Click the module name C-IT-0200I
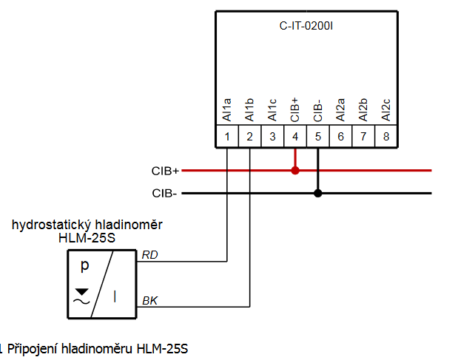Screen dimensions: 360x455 coord(306,25)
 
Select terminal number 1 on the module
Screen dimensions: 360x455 coord(227,136)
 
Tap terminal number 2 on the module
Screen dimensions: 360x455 coord(250,136)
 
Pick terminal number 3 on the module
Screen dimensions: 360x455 coord(273,136)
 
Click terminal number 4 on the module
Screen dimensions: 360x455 coord(295,136)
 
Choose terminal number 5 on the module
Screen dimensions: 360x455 coord(318,136)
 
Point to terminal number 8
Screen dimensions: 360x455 coord(386,136)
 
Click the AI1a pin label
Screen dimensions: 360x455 coord(227,109)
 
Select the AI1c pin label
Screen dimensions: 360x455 coord(273,109)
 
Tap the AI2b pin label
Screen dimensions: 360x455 coord(363,109)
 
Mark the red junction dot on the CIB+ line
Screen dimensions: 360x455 coord(295,171)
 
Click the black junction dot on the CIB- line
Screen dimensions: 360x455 coord(318,194)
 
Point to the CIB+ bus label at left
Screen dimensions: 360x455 coord(165,171)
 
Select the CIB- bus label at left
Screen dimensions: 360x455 coord(164,194)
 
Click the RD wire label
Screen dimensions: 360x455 coord(149,255)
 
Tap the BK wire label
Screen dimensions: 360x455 coord(149,300)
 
